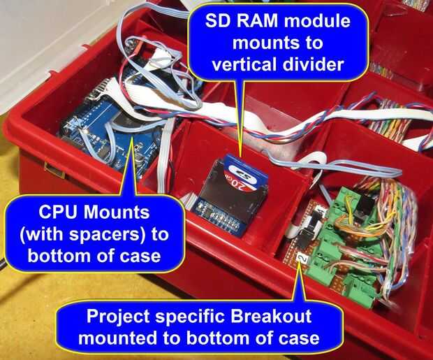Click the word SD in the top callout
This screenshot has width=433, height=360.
click(x=216, y=21)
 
